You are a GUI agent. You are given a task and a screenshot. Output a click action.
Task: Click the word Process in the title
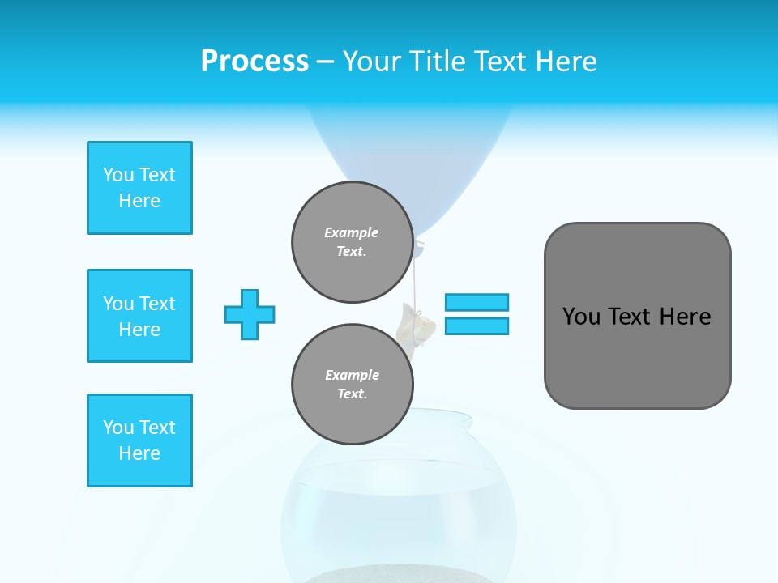point(254,62)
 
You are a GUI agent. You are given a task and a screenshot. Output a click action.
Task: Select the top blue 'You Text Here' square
point(139,188)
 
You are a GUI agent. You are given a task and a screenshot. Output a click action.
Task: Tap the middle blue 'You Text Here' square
point(139,316)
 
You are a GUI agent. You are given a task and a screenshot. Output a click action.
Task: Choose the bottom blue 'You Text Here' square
point(139,440)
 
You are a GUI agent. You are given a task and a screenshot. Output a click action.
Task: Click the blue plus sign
point(250,314)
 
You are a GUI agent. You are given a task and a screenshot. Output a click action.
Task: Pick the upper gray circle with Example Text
point(352,242)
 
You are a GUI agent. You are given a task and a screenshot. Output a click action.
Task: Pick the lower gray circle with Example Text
point(352,384)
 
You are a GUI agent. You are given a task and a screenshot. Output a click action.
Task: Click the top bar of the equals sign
point(477,302)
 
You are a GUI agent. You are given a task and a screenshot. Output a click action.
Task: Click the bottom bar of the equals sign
point(477,326)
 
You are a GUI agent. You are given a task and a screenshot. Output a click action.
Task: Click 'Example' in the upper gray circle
point(352,232)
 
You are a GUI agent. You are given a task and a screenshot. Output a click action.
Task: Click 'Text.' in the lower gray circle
point(352,394)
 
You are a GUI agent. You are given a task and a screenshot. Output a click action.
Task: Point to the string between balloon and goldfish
point(416,279)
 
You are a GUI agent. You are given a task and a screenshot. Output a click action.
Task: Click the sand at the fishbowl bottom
point(397,576)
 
